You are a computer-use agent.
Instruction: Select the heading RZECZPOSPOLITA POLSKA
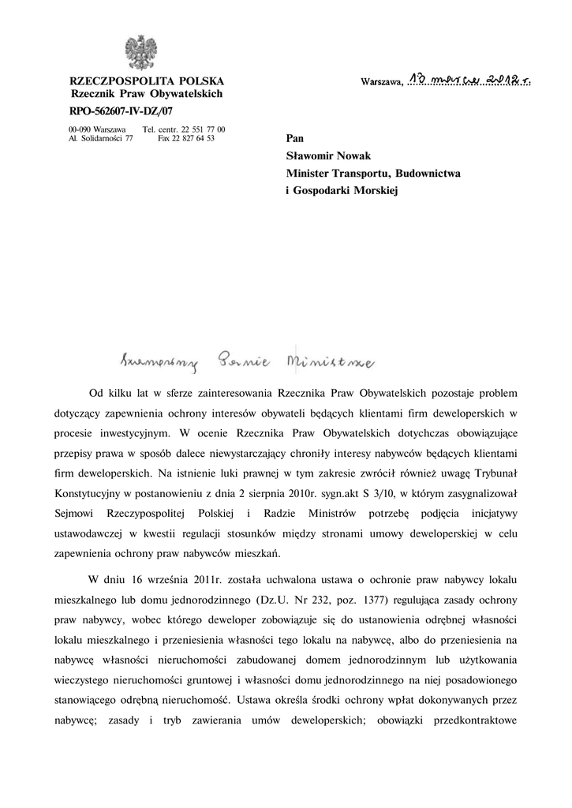coord(147,80)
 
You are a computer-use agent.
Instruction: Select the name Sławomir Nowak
coord(327,155)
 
